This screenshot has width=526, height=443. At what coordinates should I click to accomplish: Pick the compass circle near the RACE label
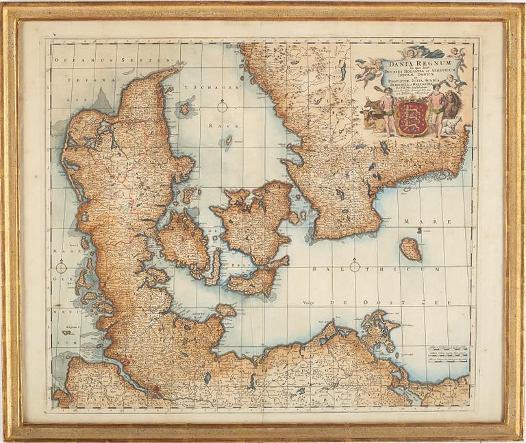point(222,106)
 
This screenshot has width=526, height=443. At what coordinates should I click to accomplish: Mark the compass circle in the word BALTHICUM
point(355,266)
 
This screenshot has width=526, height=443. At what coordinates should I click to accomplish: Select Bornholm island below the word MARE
point(410,249)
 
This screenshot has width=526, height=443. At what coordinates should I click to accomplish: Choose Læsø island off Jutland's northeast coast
point(184,108)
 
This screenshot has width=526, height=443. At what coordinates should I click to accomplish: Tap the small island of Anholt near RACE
point(228,141)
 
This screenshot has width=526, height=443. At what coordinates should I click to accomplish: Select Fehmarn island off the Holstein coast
point(225,310)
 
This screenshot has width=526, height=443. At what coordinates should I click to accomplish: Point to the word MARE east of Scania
point(416,222)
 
